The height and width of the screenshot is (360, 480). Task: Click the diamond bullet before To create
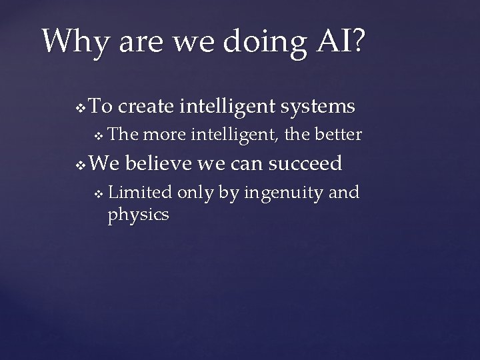pos(81,107)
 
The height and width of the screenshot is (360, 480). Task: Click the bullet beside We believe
pos(81,164)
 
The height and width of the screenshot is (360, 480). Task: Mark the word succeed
pos(307,163)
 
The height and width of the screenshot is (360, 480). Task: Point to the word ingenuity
pos(287,194)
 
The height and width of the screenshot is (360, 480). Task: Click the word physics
pos(138,215)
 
